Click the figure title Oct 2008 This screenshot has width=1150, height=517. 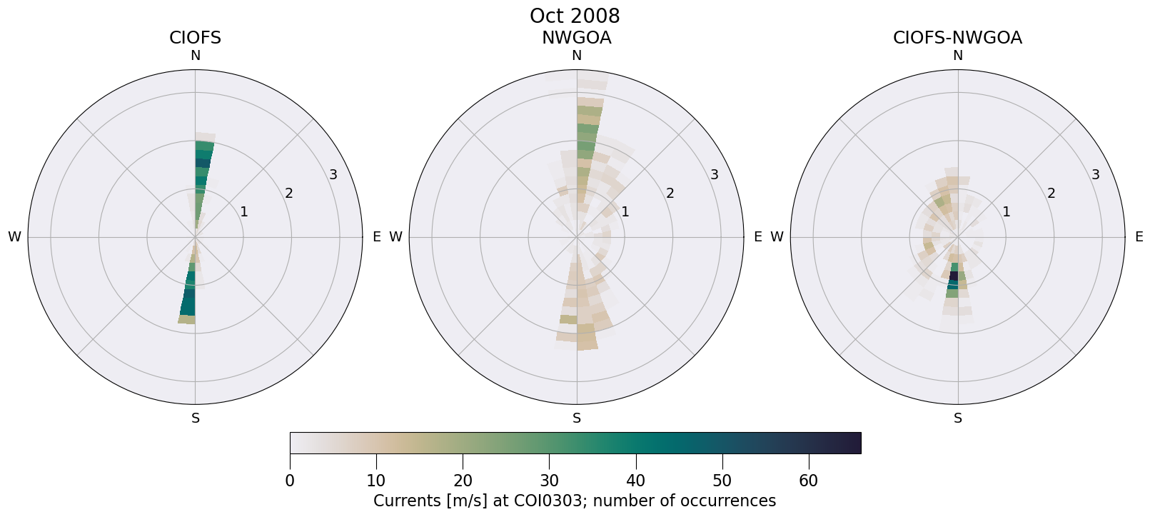pos(575,16)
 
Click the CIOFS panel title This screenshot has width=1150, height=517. pos(195,38)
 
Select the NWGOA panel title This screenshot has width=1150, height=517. pos(576,38)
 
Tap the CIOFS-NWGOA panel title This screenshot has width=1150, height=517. pos(957,38)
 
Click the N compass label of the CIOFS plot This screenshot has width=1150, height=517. pos(195,56)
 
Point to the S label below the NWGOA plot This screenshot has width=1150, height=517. pos(577,418)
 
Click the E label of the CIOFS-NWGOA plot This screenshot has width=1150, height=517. pos(1139,237)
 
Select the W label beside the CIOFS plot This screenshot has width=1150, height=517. pos(14,237)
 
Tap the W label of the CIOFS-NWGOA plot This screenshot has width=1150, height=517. pos(777,237)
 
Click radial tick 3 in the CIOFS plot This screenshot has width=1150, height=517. pos(333,175)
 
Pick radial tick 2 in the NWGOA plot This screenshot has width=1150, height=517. pos(670,194)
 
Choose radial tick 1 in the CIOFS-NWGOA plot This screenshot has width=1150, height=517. pos(1007,211)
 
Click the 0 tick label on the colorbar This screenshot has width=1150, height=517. pos(290,481)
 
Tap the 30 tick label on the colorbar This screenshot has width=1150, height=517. pos(549,481)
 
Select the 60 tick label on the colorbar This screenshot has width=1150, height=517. pos(808,481)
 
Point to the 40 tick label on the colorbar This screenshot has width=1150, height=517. pos(635,481)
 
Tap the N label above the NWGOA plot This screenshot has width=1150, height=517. pos(577,56)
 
